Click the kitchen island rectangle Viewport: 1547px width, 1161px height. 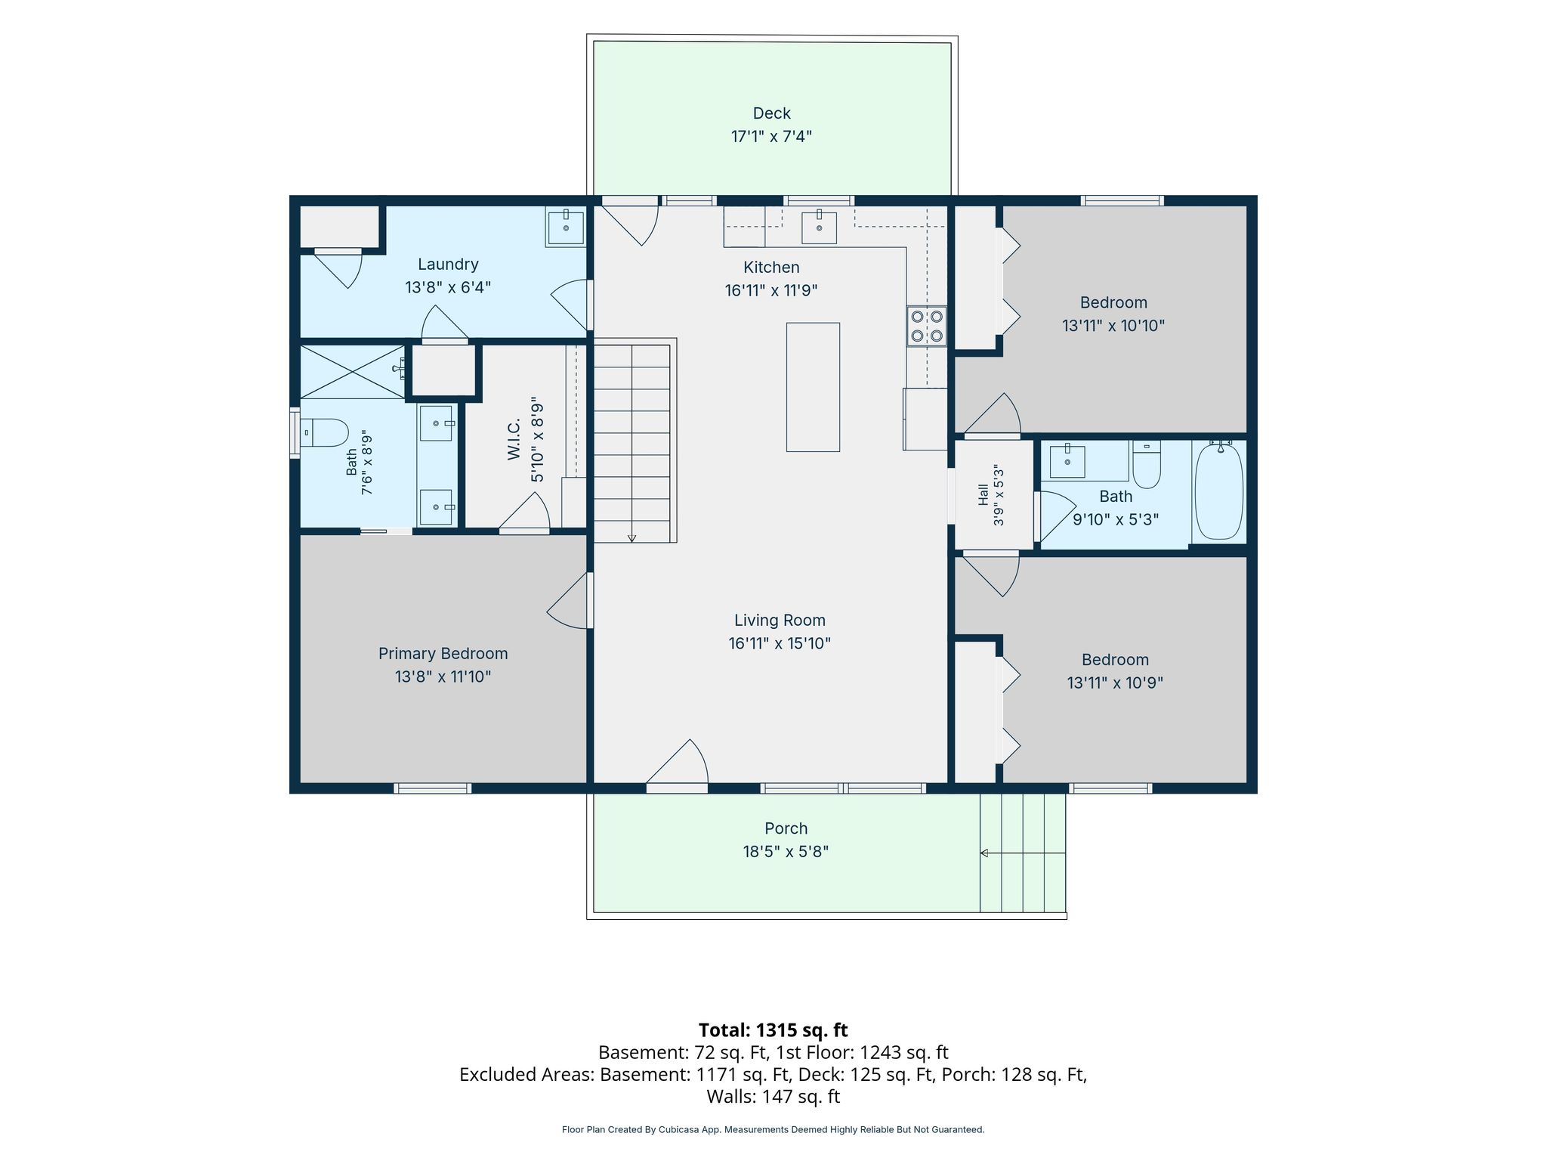point(813,387)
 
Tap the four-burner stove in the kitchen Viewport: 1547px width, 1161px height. point(927,326)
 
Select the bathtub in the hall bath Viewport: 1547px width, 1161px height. point(1218,491)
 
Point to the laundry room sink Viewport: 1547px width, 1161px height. point(566,227)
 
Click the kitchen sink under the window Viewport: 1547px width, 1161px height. point(819,227)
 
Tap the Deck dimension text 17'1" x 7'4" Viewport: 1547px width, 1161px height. point(771,137)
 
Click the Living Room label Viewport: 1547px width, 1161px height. point(780,621)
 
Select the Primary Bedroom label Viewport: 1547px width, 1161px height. point(443,654)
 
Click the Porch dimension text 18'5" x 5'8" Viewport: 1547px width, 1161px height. point(786,852)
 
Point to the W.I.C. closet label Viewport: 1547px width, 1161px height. point(514,439)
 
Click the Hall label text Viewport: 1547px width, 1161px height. point(983,494)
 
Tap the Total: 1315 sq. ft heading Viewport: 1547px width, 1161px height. point(773,1030)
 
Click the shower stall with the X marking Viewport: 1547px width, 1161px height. point(353,371)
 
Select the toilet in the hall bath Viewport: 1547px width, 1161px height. point(1147,464)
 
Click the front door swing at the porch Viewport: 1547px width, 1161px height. point(677,763)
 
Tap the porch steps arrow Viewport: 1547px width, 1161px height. point(1023,853)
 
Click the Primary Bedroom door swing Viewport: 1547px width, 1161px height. point(568,601)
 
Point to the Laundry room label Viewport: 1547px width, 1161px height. point(448,265)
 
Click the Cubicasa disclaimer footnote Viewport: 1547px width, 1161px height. point(773,1130)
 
